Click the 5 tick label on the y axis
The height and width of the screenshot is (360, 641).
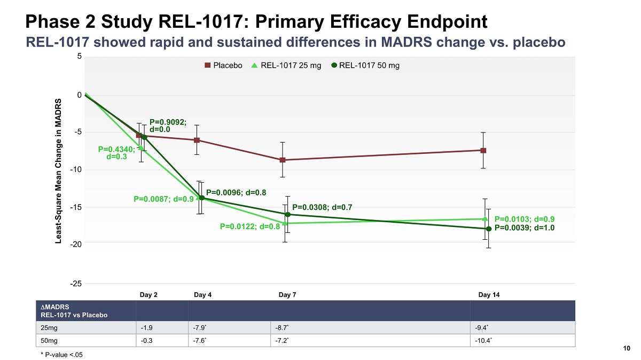(79, 57)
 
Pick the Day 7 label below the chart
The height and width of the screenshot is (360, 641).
(288, 294)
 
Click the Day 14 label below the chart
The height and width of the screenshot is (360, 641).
(489, 294)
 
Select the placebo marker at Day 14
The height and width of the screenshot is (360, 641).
(483, 151)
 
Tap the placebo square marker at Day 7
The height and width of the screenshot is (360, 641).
(283, 160)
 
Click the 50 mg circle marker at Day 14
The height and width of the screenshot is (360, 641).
(488, 229)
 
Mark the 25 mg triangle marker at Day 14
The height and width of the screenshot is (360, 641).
(484, 218)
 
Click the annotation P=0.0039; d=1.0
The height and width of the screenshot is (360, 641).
(525, 228)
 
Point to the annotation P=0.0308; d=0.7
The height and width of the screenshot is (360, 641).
(322, 207)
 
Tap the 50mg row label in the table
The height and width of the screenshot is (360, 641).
(50, 340)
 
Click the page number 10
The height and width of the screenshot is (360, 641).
(627, 349)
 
